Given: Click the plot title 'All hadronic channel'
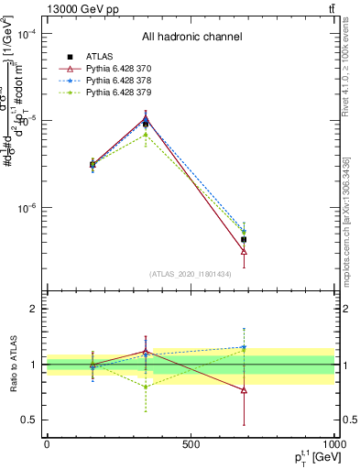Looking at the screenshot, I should coord(191,37).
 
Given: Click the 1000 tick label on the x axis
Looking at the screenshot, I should coord(333,444).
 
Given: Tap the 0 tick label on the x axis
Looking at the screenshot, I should coord(47,444).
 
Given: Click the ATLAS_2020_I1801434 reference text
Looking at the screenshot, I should coord(191,274).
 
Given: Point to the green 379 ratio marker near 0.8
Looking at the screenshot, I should coord(145,387).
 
